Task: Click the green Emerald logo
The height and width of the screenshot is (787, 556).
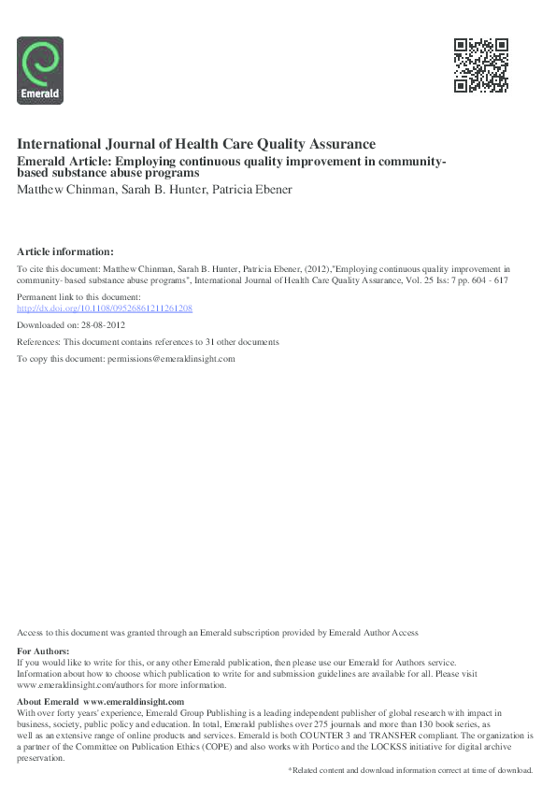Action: click(x=40, y=69)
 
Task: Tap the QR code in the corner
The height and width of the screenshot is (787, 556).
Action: click(x=480, y=64)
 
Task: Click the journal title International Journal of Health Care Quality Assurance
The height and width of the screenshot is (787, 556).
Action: click(x=196, y=144)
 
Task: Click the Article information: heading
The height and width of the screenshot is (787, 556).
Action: click(x=65, y=251)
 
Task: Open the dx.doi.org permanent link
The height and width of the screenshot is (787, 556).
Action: click(x=105, y=308)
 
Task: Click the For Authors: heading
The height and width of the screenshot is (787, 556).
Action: click(x=43, y=651)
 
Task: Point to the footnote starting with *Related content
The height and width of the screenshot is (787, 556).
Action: click(x=410, y=769)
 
